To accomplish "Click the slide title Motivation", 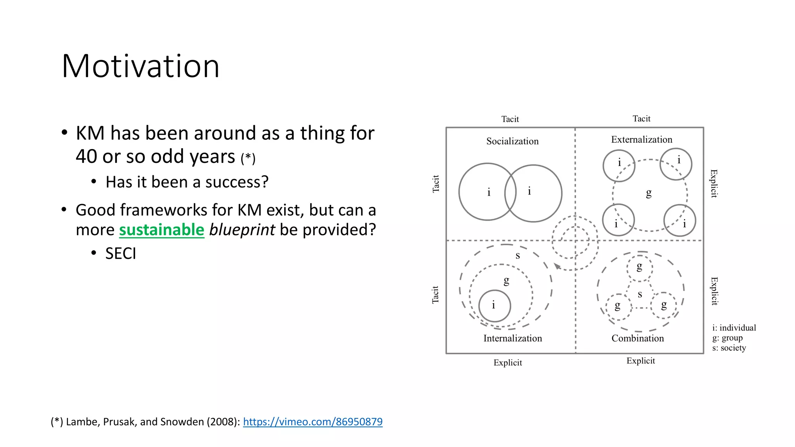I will pyautogui.click(x=141, y=66).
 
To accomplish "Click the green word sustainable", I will pyautogui.click(x=161, y=230).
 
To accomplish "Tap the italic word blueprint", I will pyautogui.click(x=242, y=230).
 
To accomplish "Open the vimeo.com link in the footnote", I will pyautogui.click(x=312, y=422).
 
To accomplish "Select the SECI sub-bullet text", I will pyautogui.click(x=121, y=254).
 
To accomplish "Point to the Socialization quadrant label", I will pyautogui.click(x=512, y=141).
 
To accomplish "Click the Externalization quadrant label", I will pyautogui.click(x=642, y=140).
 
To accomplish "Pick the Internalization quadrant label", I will pyautogui.click(x=512, y=338).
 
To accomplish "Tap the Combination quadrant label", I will pyautogui.click(x=638, y=338).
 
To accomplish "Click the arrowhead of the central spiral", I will pyautogui.click(x=557, y=266).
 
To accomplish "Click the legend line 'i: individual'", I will pyautogui.click(x=734, y=328).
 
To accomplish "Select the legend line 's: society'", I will pyautogui.click(x=729, y=348).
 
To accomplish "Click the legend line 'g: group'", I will pyautogui.click(x=727, y=338).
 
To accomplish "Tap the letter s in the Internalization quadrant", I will pyautogui.click(x=517, y=256).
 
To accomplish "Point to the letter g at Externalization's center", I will pyautogui.click(x=649, y=193).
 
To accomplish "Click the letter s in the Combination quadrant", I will pyautogui.click(x=640, y=295).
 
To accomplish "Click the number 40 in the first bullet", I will pyautogui.click(x=86, y=156).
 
